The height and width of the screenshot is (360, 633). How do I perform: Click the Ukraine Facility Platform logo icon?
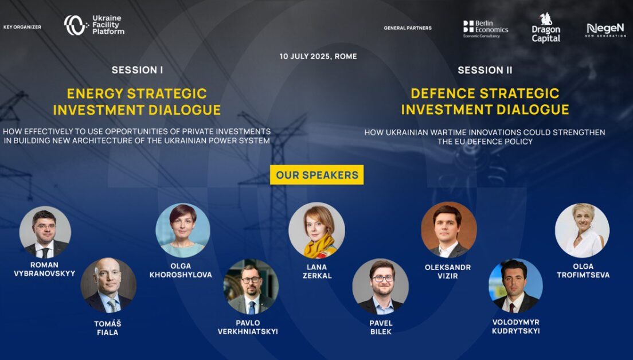pyautogui.click(x=76, y=25)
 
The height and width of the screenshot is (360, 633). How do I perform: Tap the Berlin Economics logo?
pyautogui.click(x=486, y=29)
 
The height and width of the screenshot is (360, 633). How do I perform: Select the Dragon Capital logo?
pyautogui.click(x=546, y=28)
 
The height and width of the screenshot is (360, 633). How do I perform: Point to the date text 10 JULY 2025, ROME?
pyautogui.click(x=318, y=57)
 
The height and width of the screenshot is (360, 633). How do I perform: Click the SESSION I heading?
pyautogui.click(x=137, y=71)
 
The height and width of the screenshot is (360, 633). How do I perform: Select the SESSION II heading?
pyautogui.click(x=485, y=71)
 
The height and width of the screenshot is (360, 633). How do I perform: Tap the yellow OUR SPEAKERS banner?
pyautogui.click(x=317, y=175)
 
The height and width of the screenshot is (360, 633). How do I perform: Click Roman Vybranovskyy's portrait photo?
pyautogui.click(x=45, y=232)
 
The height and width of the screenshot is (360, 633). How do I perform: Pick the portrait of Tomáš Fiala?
pyautogui.click(x=108, y=285)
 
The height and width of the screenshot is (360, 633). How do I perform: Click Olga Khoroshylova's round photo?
pyautogui.click(x=183, y=230)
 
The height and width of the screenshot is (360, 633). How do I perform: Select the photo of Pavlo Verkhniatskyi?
pyautogui.click(x=251, y=287)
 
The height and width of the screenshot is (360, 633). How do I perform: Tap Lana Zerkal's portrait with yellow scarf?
pyautogui.click(x=317, y=230)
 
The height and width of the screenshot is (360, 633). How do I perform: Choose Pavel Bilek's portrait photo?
pyautogui.click(x=381, y=287)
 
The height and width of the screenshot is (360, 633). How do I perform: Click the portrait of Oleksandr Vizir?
pyautogui.click(x=448, y=230)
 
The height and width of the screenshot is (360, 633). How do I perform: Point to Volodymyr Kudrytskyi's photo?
pyautogui.click(x=515, y=286)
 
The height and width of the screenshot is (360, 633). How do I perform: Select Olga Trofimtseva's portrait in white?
pyautogui.click(x=582, y=230)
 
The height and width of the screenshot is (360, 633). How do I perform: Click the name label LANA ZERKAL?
pyautogui.click(x=317, y=271)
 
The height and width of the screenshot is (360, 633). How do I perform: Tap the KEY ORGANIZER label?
pyautogui.click(x=22, y=28)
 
